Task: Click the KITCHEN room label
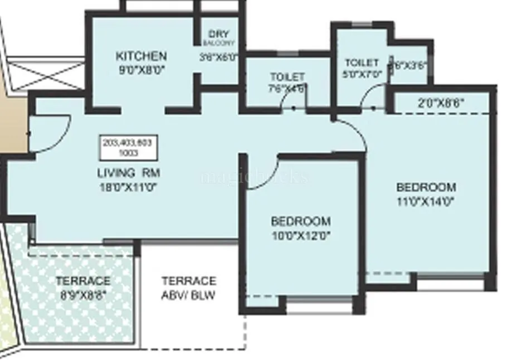click(141, 56)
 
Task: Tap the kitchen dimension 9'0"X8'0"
click(141, 69)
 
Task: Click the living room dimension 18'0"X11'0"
click(129, 187)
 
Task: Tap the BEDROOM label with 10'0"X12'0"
click(301, 221)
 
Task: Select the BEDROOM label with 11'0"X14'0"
click(426, 187)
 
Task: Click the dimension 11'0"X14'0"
click(426, 201)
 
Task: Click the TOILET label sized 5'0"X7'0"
click(362, 63)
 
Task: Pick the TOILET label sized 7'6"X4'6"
click(287, 76)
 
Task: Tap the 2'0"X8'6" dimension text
click(441, 103)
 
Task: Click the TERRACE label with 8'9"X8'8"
click(82, 280)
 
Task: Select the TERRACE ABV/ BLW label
click(188, 288)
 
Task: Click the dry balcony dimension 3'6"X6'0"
click(218, 56)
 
